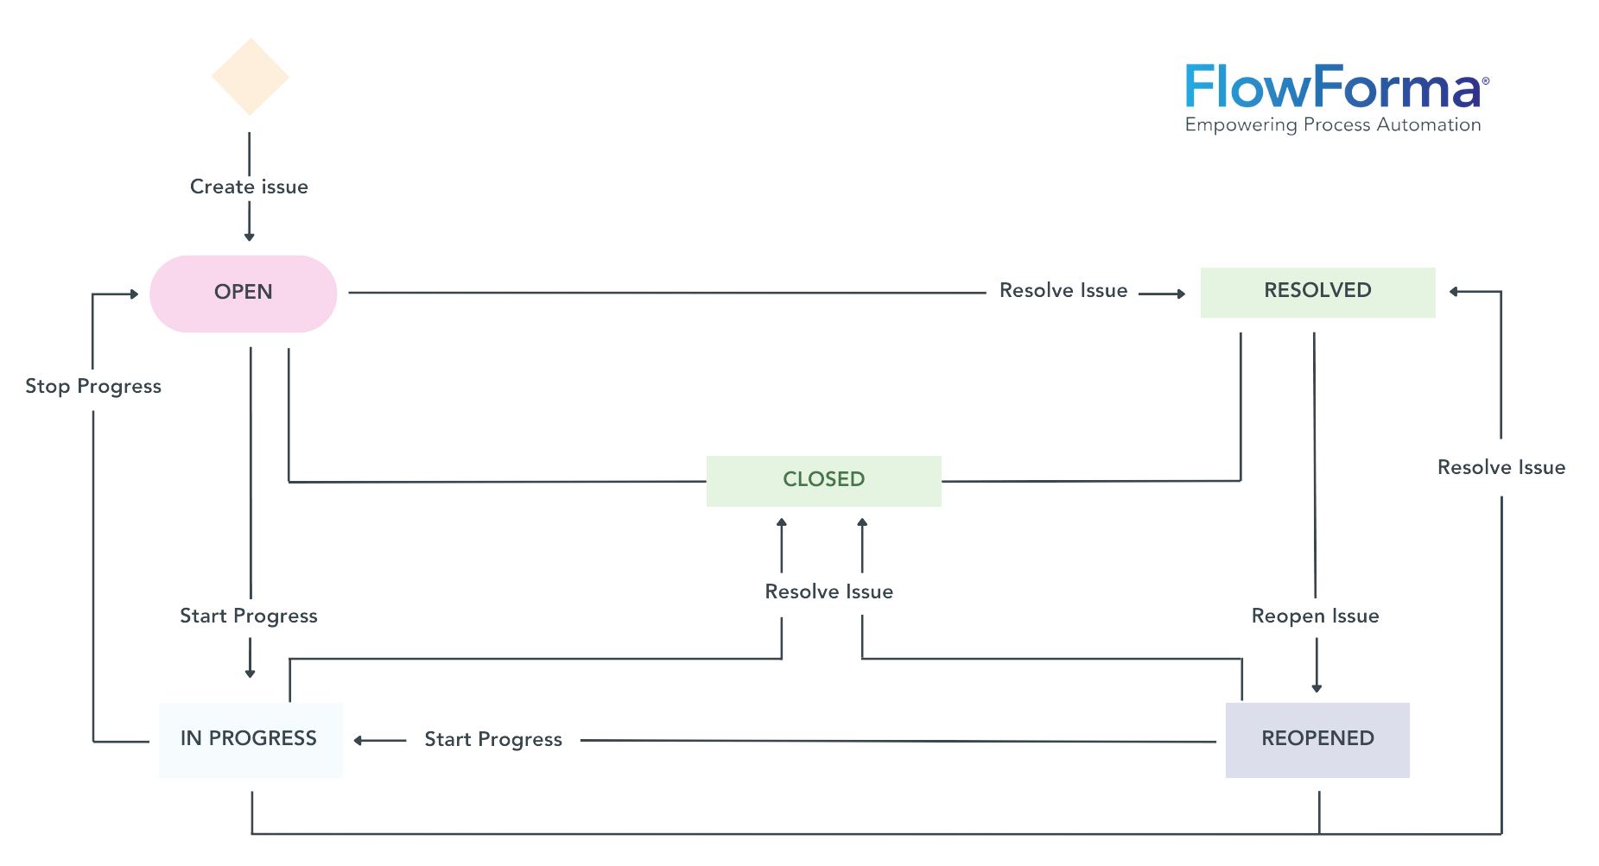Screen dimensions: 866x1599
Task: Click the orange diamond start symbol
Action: [x=250, y=77]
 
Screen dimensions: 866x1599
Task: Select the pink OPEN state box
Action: [x=243, y=293]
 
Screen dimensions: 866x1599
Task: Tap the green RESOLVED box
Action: [x=1317, y=292]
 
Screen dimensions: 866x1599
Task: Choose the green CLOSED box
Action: [x=823, y=480]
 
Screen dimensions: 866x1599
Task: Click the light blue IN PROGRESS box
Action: [x=250, y=739]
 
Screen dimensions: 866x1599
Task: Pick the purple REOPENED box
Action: [x=1317, y=739]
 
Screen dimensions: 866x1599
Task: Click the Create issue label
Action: [x=249, y=186]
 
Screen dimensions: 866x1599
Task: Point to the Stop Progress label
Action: [x=93, y=386]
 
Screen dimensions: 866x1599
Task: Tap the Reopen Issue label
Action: [x=1315, y=616]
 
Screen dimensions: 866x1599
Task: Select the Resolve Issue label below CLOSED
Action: [x=828, y=591]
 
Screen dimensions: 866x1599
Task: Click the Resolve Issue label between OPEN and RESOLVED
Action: [x=1063, y=291]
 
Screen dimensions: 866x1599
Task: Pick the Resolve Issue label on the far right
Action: [x=1501, y=467]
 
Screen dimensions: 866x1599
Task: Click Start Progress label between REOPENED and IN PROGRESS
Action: [x=492, y=739]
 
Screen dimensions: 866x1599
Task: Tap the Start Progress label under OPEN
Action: [x=248, y=616]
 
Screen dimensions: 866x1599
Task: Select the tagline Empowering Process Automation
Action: [x=1332, y=125]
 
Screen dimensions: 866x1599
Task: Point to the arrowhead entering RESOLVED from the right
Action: [x=1455, y=292]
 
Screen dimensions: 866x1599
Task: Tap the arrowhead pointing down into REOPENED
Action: [x=1317, y=687]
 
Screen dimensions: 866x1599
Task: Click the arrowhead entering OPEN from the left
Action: [x=134, y=294]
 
